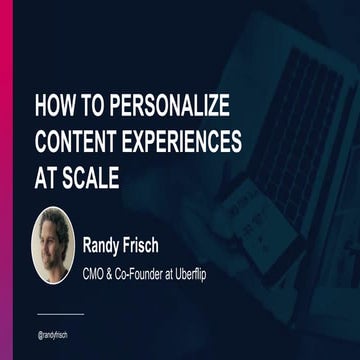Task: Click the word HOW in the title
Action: point(55,105)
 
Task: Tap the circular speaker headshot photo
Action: point(53,244)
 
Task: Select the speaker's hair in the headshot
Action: point(53,222)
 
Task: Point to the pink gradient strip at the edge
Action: point(4,180)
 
